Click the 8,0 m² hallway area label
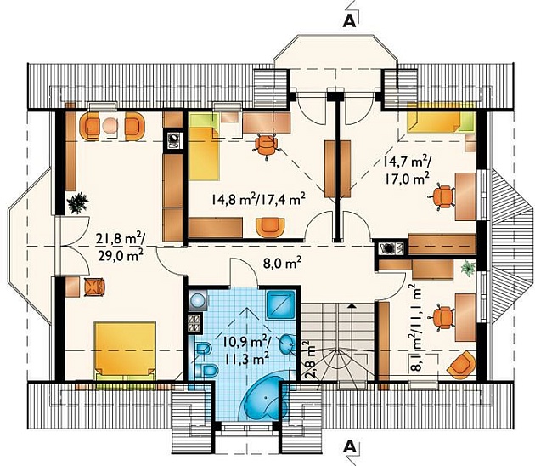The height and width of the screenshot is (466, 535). pyautogui.click(x=282, y=264)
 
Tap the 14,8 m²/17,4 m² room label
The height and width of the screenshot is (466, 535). pyautogui.click(x=258, y=199)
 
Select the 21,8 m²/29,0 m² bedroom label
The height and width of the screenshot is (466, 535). pyautogui.click(x=120, y=247)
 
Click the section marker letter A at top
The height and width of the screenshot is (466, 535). pyautogui.click(x=350, y=21)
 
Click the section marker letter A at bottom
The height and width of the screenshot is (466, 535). pyautogui.click(x=350, y=446)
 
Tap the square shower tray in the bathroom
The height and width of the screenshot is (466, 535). pyautogui.click(x=280, y=304)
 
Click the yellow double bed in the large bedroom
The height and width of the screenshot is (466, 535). pyautogui.click(x=125, y=350)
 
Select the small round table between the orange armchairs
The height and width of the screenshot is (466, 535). pyautogui.click(x=110, y=126)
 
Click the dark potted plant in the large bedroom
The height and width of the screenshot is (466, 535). pyautogui.click(x=78, y=203)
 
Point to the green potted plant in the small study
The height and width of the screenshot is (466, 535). pyautogui.click(x=468, y=269)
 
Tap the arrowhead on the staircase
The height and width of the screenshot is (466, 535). pyautogui.click(x=351, y=305)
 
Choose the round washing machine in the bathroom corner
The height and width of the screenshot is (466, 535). pyautogui.click(x=198, y=301)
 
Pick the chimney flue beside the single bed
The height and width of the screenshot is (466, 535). pyautogui.click(x=174, y=140)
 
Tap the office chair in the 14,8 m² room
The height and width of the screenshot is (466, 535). pyautogui.click(x=267, y=146)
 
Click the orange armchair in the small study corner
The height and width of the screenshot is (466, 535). pyautogui.click(x=460, y=366)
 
